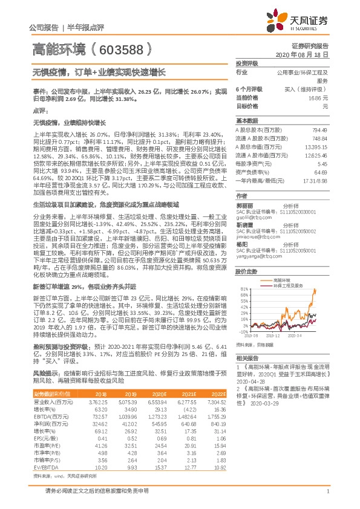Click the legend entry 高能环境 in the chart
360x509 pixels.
(285, 280)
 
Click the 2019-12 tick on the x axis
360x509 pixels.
(273, 335)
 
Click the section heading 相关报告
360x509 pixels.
(246, 358)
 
